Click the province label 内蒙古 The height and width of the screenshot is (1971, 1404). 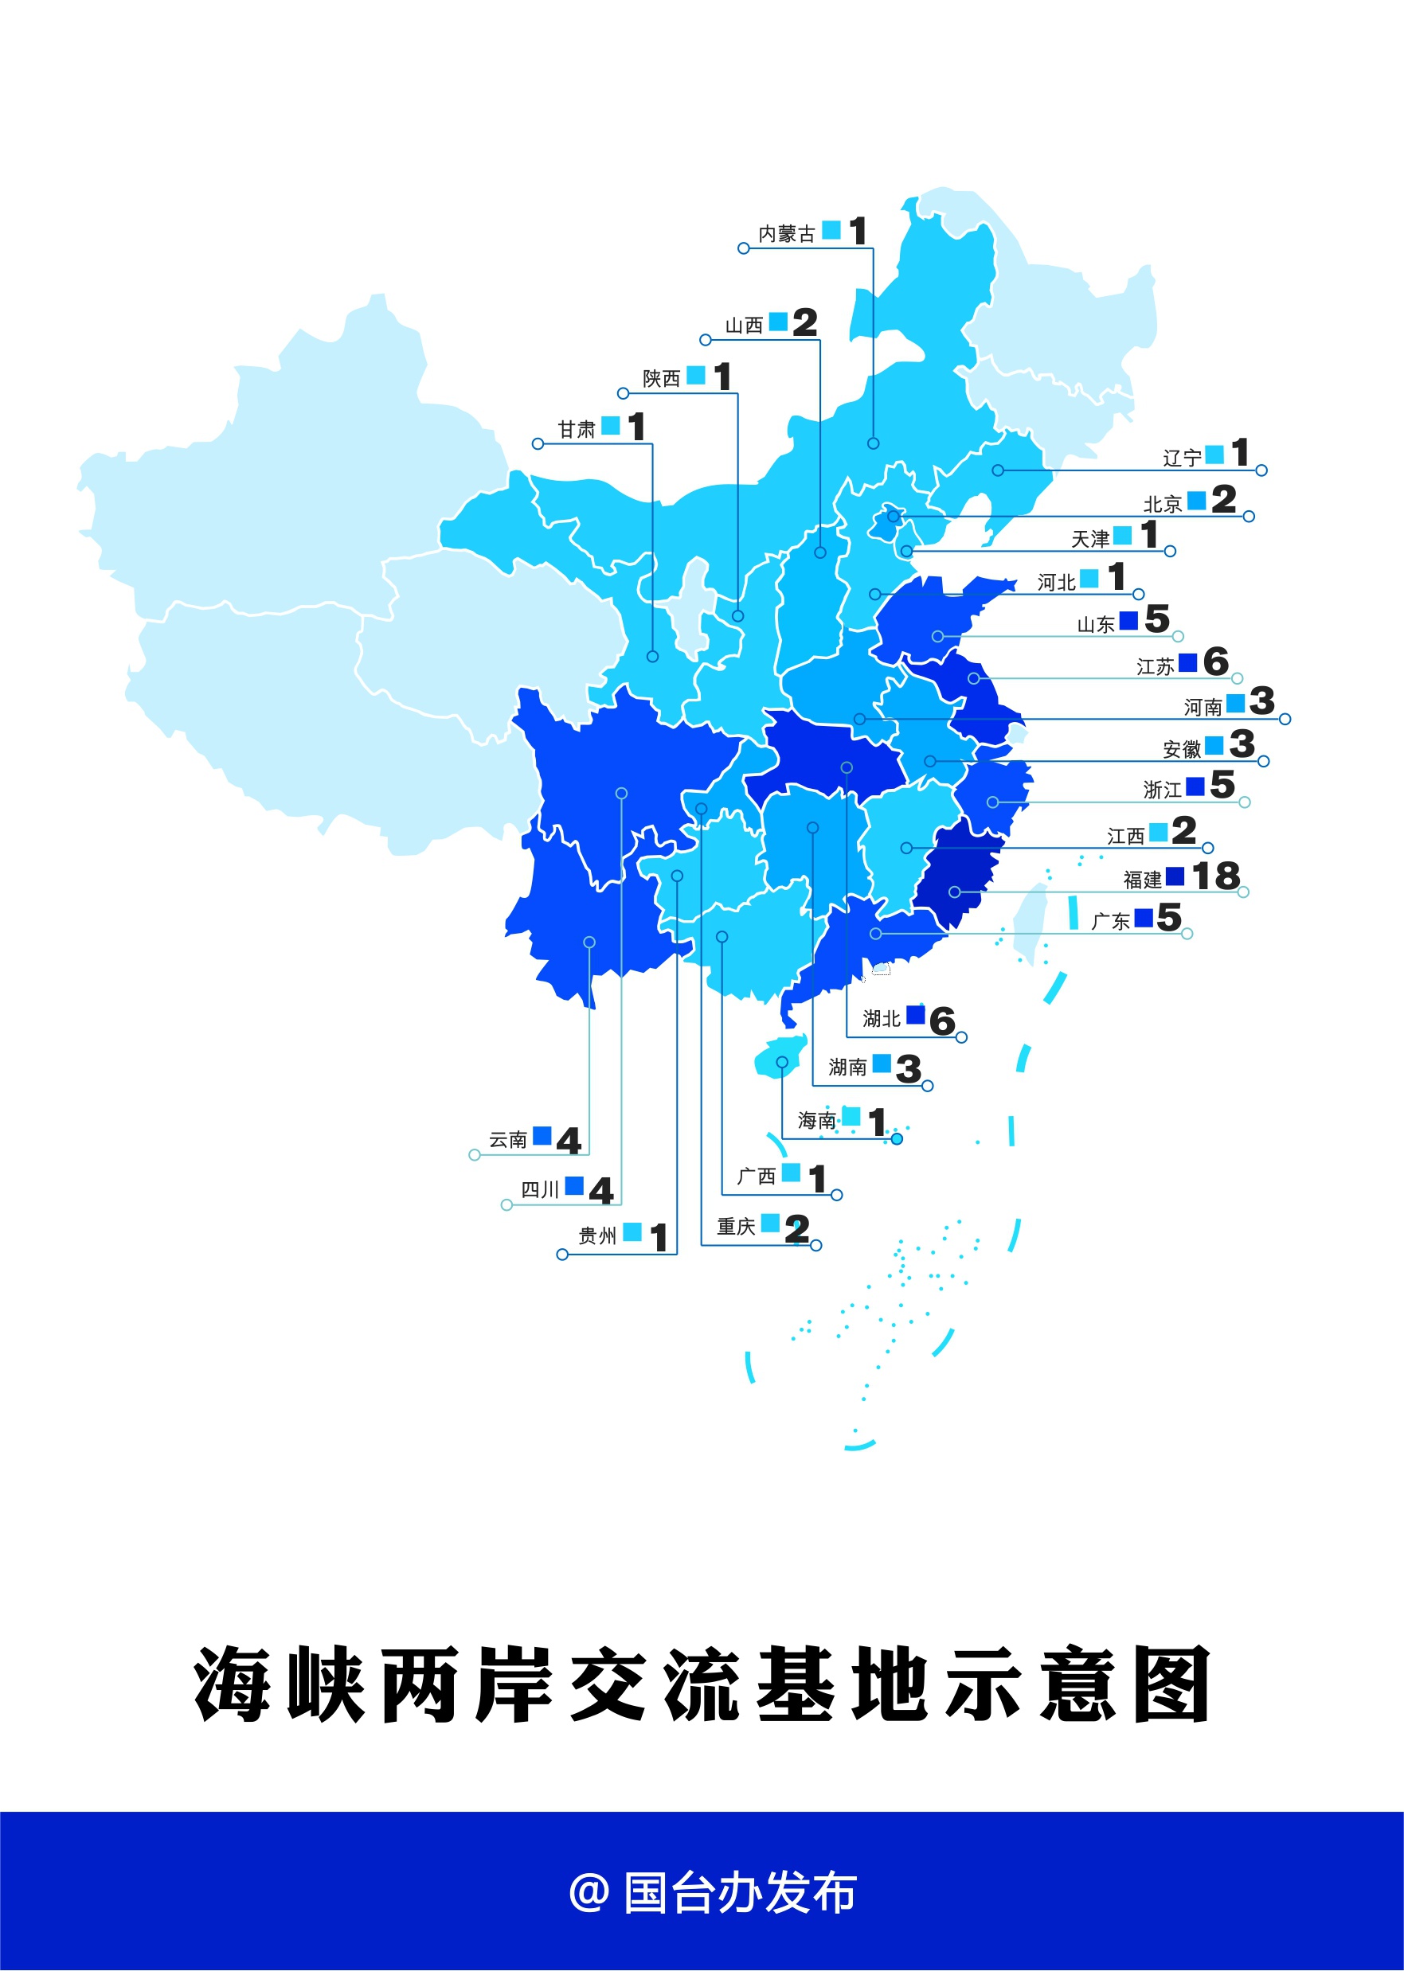(x=786, y=234)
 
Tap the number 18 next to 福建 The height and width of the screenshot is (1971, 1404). (x=1215, y=876)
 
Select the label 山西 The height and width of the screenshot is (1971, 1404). (x=744, y=326)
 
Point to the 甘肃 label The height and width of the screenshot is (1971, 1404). (x=577, y=429)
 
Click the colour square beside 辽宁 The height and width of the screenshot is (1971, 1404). (x=1214, y=454)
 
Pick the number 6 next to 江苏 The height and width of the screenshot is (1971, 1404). (x=1215, y=662)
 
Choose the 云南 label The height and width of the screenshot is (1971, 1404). (x=507, y=1140)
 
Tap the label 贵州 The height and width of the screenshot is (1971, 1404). (x=597, y=1235)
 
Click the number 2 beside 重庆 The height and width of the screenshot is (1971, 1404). (x=796, y=1229)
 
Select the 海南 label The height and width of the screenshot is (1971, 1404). (x=816, y=1121)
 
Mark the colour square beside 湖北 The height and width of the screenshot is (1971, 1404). (x=916, y=1014)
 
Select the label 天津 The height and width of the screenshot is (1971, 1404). (x=1090, y=539)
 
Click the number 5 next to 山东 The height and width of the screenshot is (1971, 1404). (x=1157, y=619)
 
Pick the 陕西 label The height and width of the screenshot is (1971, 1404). (x=661, y=378)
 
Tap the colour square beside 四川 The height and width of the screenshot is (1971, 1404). (x=574, y=1185)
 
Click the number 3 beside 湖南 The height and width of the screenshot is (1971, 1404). (x=908, y=1069)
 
